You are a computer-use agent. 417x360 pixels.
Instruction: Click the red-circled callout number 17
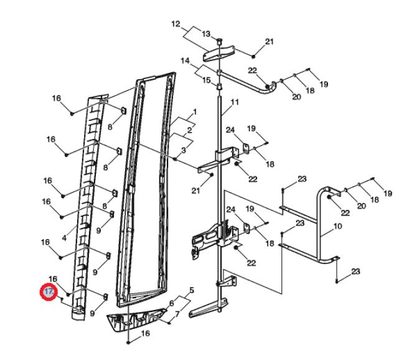pos(48,291)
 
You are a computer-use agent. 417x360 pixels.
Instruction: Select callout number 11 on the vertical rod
pos(235,101)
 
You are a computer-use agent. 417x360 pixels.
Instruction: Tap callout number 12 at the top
pos(176,24)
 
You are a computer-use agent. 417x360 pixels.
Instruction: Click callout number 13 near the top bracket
pos(206,34)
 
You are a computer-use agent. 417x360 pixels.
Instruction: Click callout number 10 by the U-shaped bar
pos(337,226)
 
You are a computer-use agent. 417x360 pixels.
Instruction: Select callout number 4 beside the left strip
pos(65,237)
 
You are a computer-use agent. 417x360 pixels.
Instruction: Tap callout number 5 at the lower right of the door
pos(192,290)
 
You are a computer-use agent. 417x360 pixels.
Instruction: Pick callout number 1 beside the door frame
pos(194,112)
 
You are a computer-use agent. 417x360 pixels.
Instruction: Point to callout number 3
pos(184,150)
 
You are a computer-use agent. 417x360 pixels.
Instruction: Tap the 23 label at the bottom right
pos(355,272)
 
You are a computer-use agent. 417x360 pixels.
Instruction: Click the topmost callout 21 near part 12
pos(269,42)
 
